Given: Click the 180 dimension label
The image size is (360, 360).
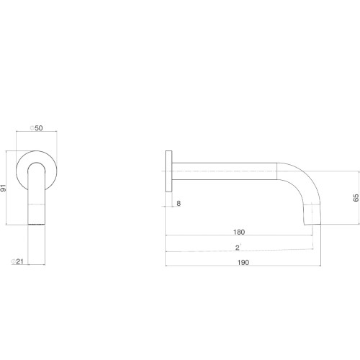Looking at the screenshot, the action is pos(239,232).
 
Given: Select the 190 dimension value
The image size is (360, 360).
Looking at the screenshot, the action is pos(243,262).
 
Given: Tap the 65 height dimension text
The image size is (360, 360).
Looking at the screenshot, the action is pos(356,198).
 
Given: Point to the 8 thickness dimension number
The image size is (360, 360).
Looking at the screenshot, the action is pos(179,204).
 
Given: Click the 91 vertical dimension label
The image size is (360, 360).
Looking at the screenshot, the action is pos(3,188).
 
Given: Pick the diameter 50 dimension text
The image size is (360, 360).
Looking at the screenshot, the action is pos(37,128).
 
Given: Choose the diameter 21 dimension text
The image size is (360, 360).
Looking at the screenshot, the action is pos(17,261).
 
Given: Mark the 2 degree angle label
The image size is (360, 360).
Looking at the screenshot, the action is pos(238,247).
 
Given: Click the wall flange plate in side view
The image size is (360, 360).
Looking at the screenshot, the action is pos(168,171).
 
